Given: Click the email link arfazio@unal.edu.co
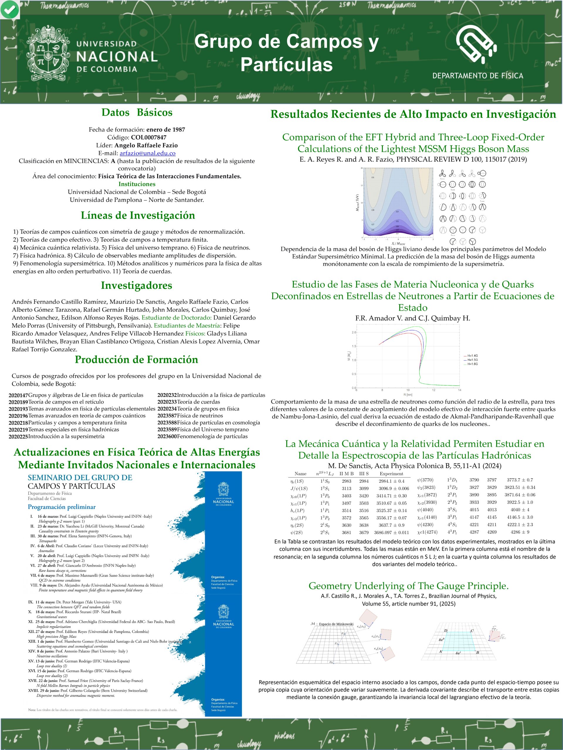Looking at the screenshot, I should point(147,153).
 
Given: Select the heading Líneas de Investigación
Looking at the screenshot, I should point(138,215).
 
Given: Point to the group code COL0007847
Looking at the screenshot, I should point(149,137).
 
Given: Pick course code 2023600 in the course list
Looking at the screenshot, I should point(167,436).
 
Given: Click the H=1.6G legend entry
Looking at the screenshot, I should point(470,364).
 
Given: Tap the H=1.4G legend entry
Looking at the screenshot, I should point(470,356).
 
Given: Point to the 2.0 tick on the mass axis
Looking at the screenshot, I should point(354,332).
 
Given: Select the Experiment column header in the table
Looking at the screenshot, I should point(391,474).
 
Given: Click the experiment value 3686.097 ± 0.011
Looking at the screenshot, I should point(391,532).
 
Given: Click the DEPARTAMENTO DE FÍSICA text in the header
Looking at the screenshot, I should point(477,76).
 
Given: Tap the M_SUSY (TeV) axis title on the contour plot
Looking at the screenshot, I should point(357,203).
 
